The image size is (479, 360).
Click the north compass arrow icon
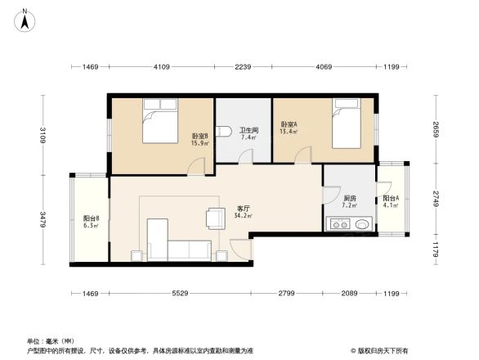(x=25, y=19)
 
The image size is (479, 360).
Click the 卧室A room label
(x=289, y=127)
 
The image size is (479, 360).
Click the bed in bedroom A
(x=350, y=124)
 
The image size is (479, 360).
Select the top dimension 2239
(x=243, y=66)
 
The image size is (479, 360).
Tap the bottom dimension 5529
(x=179, y=293)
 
